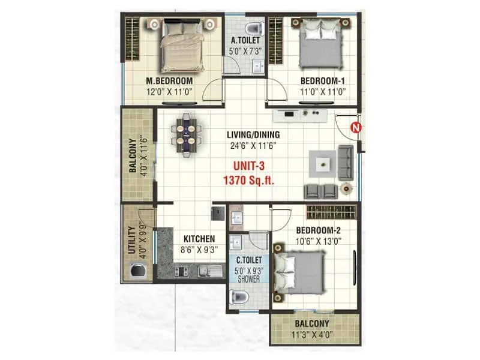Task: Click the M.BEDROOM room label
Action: pyautogui.click(x=169, y=81)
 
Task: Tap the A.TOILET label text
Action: pyautogui.click(x=246, y=41)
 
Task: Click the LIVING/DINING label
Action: pyautogui.click(x=253, y=134)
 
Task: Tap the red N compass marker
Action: pyautogui.click(x=356, y=127)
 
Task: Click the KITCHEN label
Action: pyautogui.click(x=199, y=238)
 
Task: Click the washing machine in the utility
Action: pyautogui.click(x=136, y=272)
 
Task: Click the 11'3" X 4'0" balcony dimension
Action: pyautogui.click(x=314, y=335)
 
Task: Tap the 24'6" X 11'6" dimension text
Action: pyautogui.click(x=253, y=145)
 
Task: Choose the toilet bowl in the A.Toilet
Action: pyautogui.click(x=255, y=27)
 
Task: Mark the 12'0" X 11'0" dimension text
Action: pyautogui.click(x=169, y=92)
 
